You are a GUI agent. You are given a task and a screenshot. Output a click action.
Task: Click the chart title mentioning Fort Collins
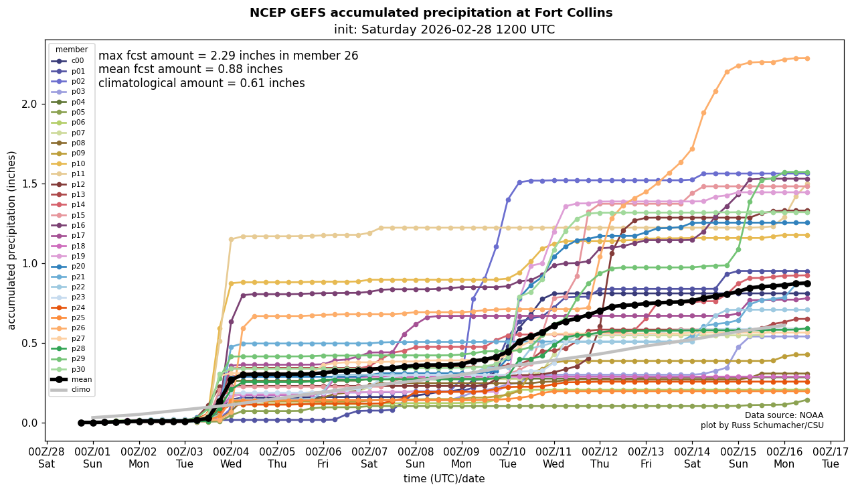click(x=431, y=13)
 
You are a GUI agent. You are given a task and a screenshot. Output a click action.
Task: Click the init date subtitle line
click(x=444, y=29)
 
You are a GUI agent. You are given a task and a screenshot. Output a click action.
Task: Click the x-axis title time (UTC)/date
click(x=444, y=478)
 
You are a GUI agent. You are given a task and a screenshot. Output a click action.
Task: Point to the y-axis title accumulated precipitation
click(x=11, y=240)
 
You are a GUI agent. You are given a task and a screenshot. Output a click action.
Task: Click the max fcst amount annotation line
click(x=228, y=56)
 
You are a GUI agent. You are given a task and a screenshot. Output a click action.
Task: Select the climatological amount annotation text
click(x=201, y=83)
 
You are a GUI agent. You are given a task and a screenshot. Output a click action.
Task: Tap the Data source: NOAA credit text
click(x=784, y=415)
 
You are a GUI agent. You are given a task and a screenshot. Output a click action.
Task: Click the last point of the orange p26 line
click(x=807, y=58)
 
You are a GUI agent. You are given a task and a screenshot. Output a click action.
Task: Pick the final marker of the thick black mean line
click(x=807, y=283)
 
